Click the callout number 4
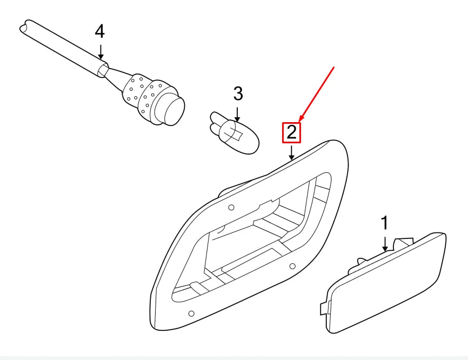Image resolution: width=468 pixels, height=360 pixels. tap(99, 32)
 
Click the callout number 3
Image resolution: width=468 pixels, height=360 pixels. tap(238, 94)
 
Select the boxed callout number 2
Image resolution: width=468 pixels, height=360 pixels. tap(292, 132)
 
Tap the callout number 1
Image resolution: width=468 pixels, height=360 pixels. tap(385, 222)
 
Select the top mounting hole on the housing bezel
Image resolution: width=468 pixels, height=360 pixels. tap(231, 208)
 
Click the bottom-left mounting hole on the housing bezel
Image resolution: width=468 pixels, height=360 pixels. tap(191, 313)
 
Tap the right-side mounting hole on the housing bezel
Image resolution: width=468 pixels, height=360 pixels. tap(292, 266)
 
